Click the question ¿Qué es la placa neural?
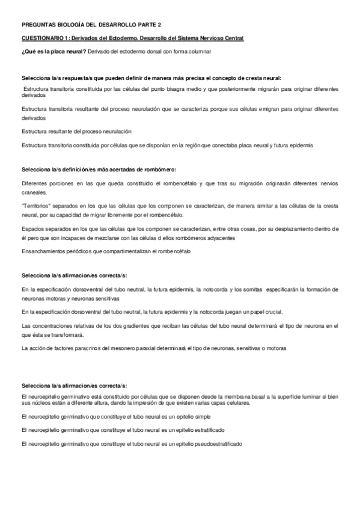[x=53, y=51]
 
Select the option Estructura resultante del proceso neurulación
[x=76, y=131]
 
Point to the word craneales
[x=33, y=193]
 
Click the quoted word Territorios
[x=35, y=205]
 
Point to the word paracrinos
[x=81, y=348]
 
